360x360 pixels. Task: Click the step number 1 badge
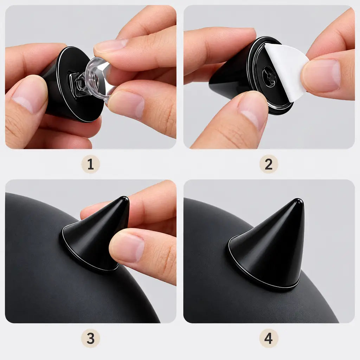pyautogui.click(x=90, y=164)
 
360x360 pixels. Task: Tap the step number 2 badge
pyautogui.click(x=269, y=164)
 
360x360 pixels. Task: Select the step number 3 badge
pyautogui.click(x=90, y=338)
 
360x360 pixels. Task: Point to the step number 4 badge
pyautogui.click(x=269, y=338)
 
